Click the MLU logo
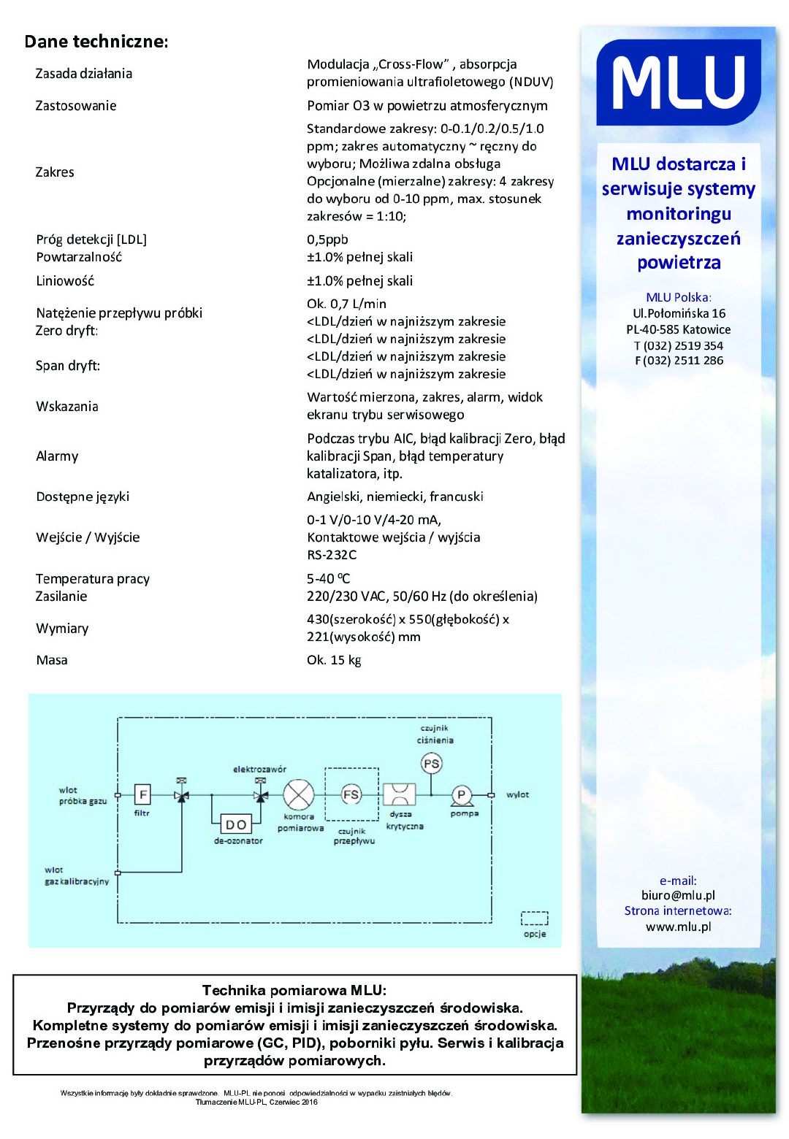click(x=678, y=82)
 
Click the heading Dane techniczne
click(x=96, y=42)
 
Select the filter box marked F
click(x=142, y=794)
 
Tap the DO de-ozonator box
click(x=236, y=824)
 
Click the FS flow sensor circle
click(x=351, y=794)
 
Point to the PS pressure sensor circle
click(x=432, y=764)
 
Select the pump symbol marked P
click(x=462, y=795)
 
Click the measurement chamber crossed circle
click(x=298, y=795)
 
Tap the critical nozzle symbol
click(x=400, y=794)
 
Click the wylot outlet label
click(x=517, y=794)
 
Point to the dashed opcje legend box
click(x=534, y=918)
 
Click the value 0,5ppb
click(x=327, y=239)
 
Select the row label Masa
click(x=52, y=660)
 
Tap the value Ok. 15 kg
click(x=334, y=660)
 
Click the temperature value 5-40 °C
click(x=329, y=579)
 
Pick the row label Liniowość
click(x=65, y=281)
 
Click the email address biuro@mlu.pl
click(x=678, y=895)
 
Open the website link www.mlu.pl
click(x=678, y=927)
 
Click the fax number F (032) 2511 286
click(x=679, y=361)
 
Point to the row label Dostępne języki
click(x=83, y=496)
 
